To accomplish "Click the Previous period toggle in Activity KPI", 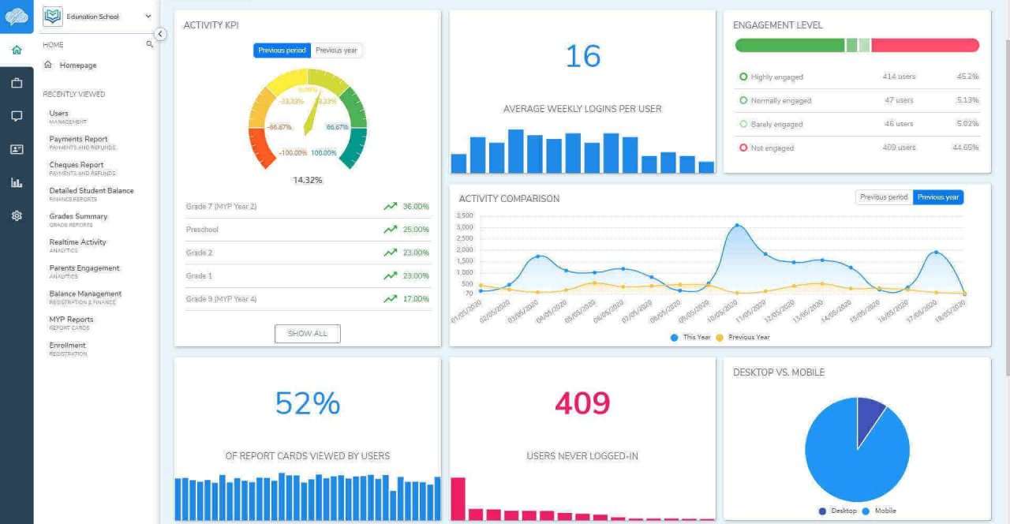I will [x=282, y=51].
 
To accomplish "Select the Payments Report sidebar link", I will [x=78, y=139].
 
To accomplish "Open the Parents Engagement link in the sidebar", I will [x=84, y=268].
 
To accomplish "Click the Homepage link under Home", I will [x=77, y=65].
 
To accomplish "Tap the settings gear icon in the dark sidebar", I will [x=17, y=215].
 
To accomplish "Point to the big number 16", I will [x=582, y=57].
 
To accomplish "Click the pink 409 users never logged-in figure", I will [x=582, y=403].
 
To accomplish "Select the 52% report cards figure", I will [x=307, y=403].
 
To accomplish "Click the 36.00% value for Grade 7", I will [x=415, y=207].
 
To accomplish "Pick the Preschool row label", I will [x=202, y=230].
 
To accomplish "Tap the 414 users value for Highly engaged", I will [x=899, y=77].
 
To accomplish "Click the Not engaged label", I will [x=772, y=148].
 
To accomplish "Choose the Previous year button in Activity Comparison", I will [x=937, y=197].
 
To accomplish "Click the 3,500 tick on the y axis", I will [x=465, y=215].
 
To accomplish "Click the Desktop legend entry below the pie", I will [x=843, y=511].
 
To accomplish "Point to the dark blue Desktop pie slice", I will [x=870, y=414].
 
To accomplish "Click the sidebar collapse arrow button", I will [x=160, y=34].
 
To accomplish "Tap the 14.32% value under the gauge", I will [x=307, y=180].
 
